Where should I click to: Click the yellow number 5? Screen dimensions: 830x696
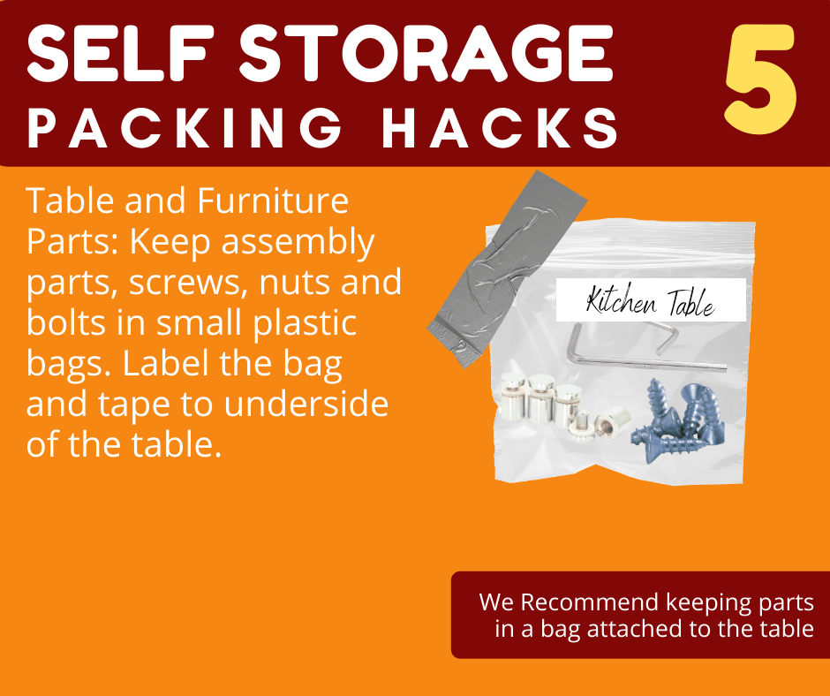point(760,79)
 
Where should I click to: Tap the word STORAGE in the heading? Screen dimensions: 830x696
point(426,52)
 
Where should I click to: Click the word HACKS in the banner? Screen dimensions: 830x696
point(500,128)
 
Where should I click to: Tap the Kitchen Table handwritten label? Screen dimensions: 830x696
point(651,302)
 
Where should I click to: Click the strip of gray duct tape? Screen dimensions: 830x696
point(507,269)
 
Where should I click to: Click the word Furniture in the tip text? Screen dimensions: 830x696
point(273,200)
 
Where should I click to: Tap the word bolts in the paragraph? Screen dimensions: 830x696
point(66,322)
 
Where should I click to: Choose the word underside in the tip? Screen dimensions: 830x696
point(306,404)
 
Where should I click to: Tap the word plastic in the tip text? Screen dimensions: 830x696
point(305,324)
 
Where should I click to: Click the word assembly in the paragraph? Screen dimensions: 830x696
point(298,243)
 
